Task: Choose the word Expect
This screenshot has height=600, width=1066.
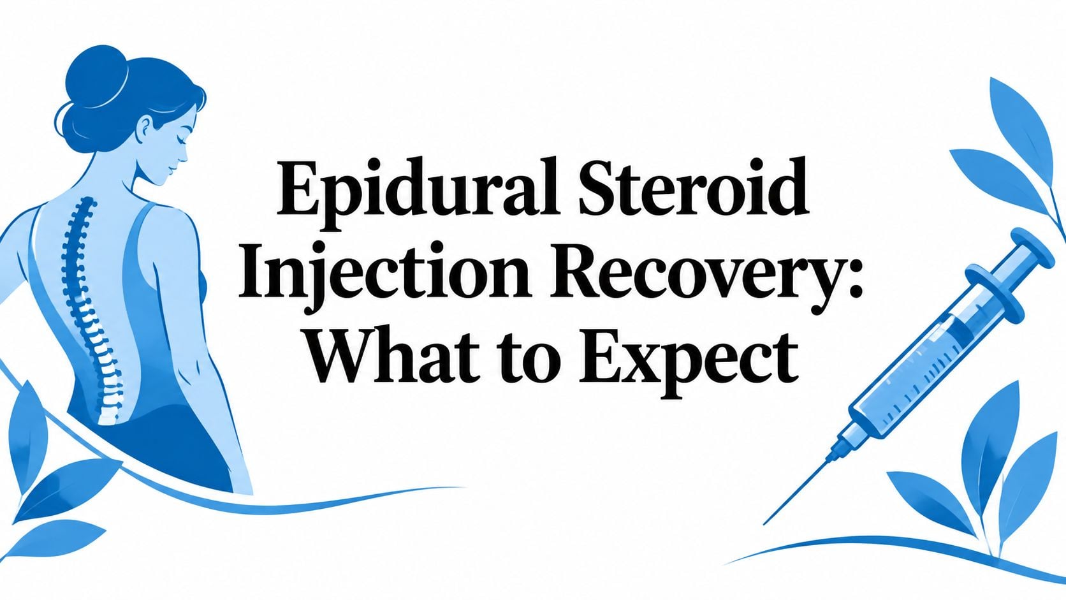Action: coord(688,363)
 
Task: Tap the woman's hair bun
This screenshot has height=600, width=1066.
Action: coord(97,76)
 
